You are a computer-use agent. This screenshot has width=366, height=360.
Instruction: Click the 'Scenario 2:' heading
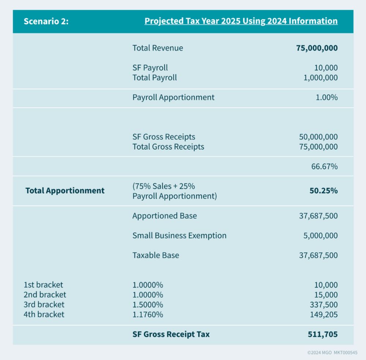point(46,21)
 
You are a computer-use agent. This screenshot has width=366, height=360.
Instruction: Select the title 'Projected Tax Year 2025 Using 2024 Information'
point(241,21)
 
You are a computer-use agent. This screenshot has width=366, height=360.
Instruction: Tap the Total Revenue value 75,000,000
point(317,48)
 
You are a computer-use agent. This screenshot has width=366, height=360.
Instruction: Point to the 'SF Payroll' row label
point(150,68)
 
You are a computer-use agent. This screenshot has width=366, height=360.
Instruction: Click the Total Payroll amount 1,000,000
point(321,78)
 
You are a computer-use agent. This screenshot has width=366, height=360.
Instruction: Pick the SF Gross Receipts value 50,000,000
point(318,137)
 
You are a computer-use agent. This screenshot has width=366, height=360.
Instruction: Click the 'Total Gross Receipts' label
point(168,147)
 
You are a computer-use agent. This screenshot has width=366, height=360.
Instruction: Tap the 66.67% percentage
point(324,167)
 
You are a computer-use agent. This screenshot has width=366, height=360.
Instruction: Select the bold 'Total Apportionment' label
point(65,191)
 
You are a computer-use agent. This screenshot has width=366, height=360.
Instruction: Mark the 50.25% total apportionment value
point(324,191)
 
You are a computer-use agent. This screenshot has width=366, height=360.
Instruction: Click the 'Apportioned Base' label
point(164,216)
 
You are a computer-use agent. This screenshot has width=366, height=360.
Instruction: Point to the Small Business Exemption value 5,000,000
point(320,236)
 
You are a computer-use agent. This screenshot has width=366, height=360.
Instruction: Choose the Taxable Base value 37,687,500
point(318,256)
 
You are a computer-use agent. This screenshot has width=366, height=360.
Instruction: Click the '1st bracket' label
point(43,285)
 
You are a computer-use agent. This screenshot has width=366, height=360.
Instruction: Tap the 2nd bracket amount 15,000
point(326,295)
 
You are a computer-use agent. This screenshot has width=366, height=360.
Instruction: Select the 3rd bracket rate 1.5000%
point(148,305)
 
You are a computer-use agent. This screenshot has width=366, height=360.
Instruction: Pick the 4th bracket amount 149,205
point(324,315)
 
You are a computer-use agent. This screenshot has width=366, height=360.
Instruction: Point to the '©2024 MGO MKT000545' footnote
point(332,353)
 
